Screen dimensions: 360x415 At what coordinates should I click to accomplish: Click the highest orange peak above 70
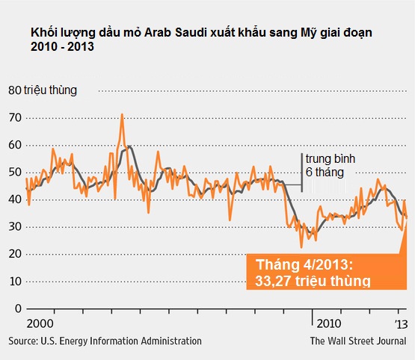point(122,115)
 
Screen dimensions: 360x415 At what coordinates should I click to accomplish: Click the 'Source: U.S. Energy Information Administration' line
point(105,341)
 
